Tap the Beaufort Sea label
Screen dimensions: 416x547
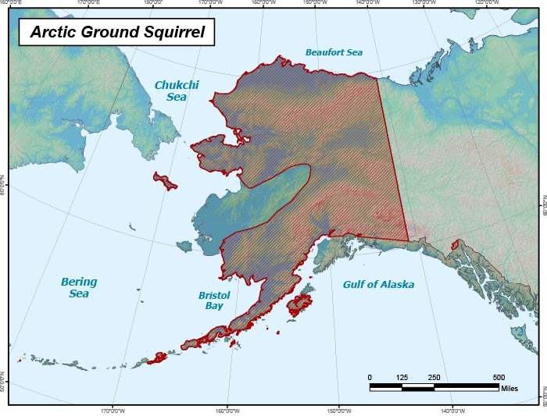click(334, 52)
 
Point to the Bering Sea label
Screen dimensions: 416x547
click(79, 287)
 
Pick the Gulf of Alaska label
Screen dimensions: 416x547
click(378, 285)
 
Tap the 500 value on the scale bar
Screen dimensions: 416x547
click(499, 377)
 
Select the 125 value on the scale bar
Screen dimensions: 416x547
click(402, 377)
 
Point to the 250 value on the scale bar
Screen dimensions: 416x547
click(434, 377)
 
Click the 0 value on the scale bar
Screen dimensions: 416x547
click(370, 377)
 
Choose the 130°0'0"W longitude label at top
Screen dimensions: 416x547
click(423, 3)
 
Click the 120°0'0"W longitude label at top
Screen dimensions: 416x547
click(485, 3)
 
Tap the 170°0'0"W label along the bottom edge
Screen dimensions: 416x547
click(113, 411)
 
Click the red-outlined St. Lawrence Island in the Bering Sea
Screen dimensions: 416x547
click(165, 181)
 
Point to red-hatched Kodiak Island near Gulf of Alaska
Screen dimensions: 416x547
click(299, 305)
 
